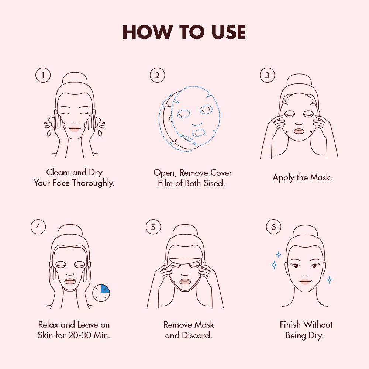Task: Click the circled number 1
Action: (43, 75)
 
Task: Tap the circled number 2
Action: (157, 75)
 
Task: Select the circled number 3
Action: (267, 75)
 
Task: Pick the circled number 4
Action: (38, 227)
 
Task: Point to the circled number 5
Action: (153, 227)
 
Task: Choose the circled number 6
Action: (273, 227)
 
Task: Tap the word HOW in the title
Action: (148, 32)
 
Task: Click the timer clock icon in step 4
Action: (101, 293)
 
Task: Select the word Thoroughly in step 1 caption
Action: (93, 183)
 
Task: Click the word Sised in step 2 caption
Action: (214, 183)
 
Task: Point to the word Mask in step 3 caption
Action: (321, 177)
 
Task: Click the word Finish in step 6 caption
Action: (290, 324)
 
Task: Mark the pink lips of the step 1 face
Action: (75, 129)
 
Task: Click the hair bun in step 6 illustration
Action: (305, 230)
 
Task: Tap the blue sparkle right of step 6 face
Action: (330, 280)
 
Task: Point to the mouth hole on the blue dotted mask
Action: (199, 133)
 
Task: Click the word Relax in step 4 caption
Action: (48, 324)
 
